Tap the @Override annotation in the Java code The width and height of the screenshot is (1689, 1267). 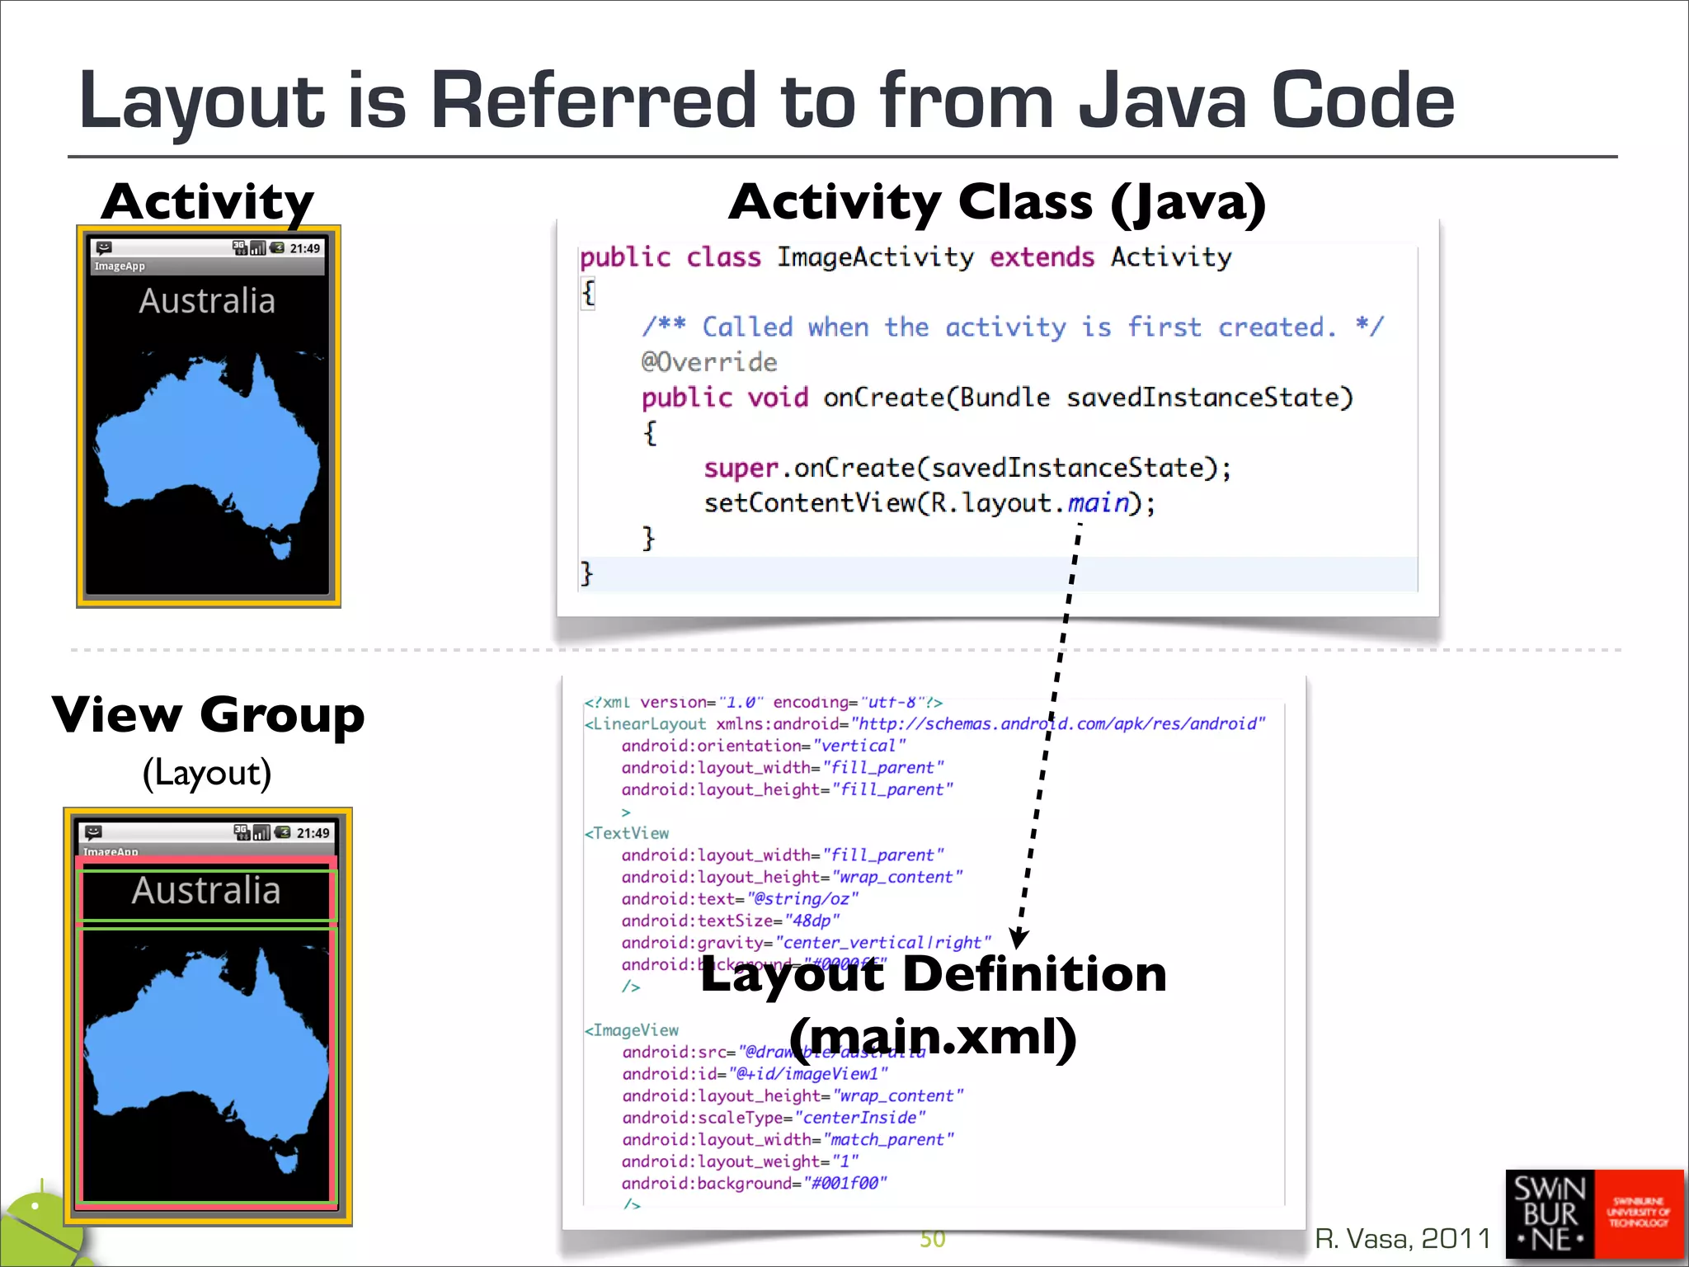(709, 362)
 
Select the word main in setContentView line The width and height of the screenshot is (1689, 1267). (1098, 502)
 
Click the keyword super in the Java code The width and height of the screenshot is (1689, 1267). (741, 469)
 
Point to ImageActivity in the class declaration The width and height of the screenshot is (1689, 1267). (875, 257)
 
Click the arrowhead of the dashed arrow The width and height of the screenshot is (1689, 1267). (1019, 938)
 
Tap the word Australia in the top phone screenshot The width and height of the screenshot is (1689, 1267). (207, 301)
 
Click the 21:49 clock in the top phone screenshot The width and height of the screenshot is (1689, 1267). (304, 248)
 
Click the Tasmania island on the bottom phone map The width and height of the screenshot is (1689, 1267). (286, 1162)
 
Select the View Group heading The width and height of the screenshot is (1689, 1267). (208, 714)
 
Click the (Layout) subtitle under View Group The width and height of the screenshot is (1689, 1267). (207, 773)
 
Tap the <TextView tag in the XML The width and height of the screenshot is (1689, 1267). (627, 833)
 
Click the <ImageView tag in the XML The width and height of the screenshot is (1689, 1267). (632, 1030)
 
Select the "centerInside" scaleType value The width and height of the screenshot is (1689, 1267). (859, 1118)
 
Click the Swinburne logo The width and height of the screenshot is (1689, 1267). (1593, 1214)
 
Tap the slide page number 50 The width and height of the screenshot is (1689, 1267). (932, 1239)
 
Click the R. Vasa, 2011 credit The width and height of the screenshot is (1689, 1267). (1402, 1238)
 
